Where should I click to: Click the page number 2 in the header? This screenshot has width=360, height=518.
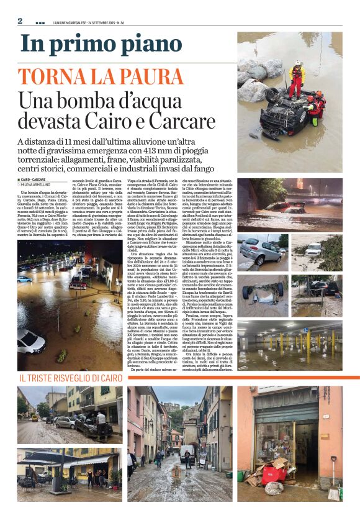tap(20, 20)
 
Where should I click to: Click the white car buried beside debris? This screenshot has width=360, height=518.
tap(314, 250)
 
